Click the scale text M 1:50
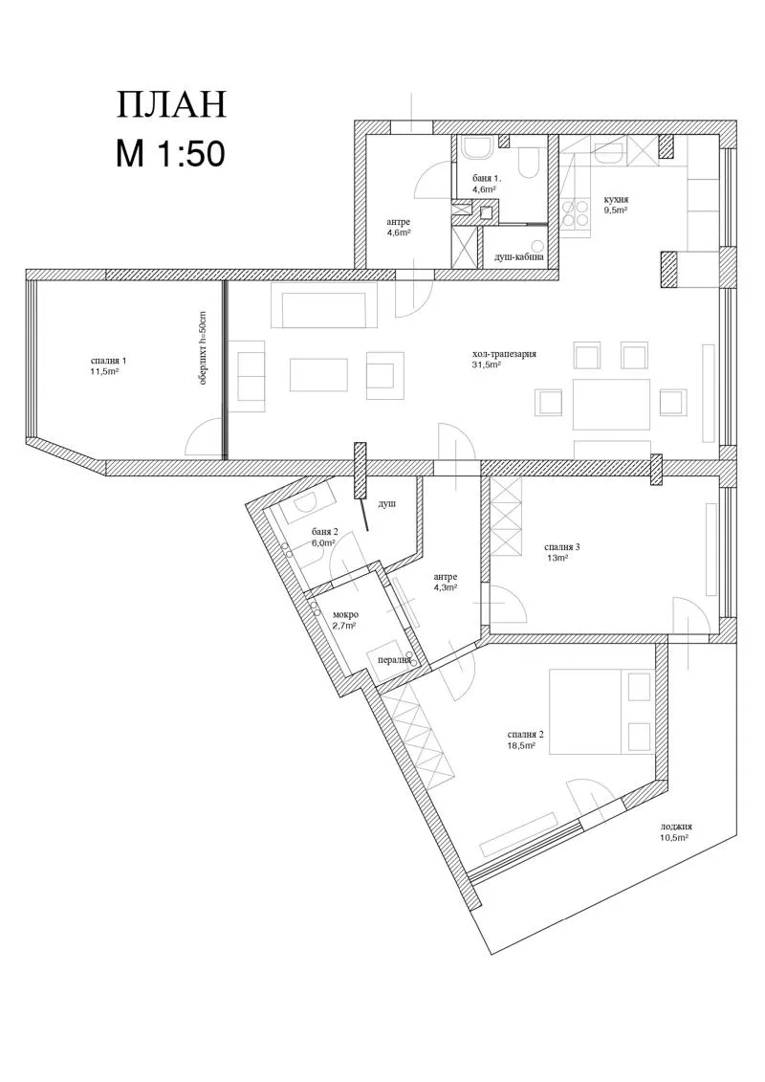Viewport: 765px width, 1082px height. [170, 153]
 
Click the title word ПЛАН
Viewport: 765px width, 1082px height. [171, 104]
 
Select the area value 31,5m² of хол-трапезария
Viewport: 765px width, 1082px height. [487, 365]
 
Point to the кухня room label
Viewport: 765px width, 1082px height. [615, 199]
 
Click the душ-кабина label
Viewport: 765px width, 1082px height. [518, 257]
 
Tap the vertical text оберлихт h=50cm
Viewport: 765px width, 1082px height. [203, 349]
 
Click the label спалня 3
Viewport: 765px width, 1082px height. [562, 546]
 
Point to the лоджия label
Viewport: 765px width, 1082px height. [675, 828]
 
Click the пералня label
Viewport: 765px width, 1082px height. [394, 660]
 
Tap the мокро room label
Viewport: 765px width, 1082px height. [345, 614]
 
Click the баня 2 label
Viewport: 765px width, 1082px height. [325, 531]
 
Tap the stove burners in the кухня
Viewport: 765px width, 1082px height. [577, 211]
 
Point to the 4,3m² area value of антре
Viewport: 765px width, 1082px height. [444, 588]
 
